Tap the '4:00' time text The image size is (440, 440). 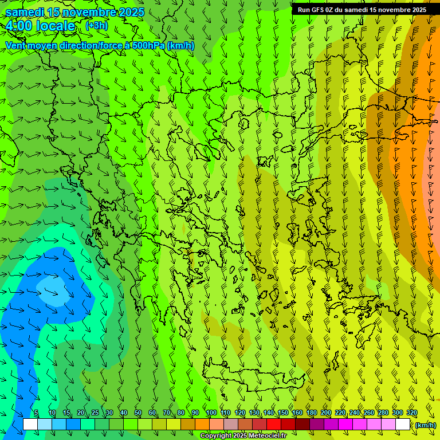(x=19, y=26)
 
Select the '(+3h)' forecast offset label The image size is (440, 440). (x=96, y=26)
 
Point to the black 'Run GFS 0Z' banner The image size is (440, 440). (x=362, y=10)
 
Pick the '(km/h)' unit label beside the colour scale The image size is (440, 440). (x=426, y=425)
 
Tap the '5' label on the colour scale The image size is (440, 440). (x=36, y=413)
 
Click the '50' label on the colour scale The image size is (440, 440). (x=138, y=413)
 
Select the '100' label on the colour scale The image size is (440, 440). (x=211, y=413)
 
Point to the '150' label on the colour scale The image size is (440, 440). (x=283, y=413)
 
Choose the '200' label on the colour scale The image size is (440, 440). (x=326, y=413)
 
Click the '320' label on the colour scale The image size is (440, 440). (x=412, y=413)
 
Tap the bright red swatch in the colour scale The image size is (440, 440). (x=274, y=425)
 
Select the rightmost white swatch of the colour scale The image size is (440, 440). (x=403, y=425)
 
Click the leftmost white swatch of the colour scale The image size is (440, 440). (x=30, y=425)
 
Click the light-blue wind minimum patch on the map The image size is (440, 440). (x=53, y=285)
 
